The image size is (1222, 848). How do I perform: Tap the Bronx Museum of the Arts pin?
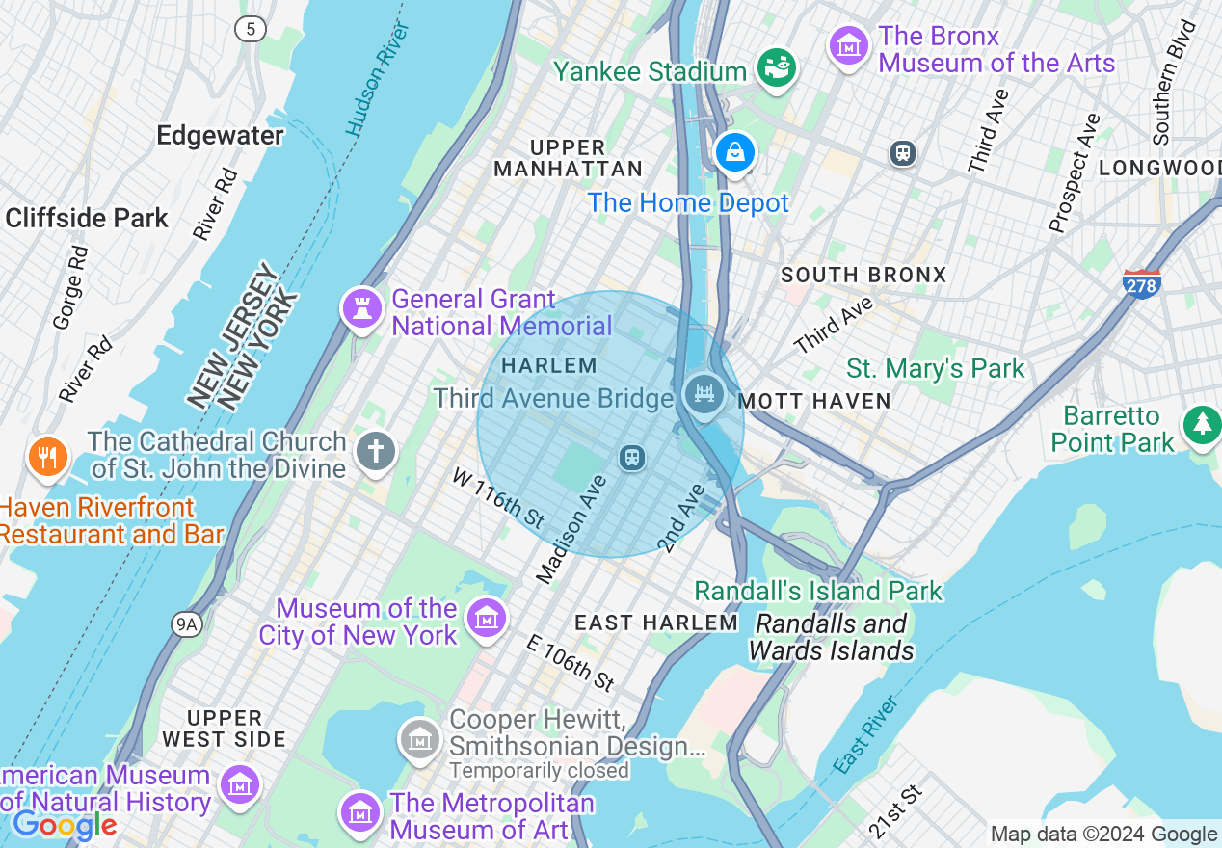click(x=849, y=44)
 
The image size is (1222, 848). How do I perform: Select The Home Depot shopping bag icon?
click(x=735, y=152)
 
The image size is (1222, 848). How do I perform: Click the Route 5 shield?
click(x=251, y=29)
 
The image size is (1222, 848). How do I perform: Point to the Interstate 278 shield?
click(x=1142, y=284)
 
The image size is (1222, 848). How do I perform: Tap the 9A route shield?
click(x=187, y=624)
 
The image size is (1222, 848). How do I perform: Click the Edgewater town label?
click(x=221, y=135)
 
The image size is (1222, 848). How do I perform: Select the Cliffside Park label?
click(x=87, y=218)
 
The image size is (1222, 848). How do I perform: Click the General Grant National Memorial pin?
click(x=362, y=308)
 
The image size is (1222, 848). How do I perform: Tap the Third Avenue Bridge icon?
click(x=704, y=394)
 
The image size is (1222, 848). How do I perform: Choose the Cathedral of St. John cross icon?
click(x=376, y=450)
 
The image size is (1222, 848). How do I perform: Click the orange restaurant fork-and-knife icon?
click(x=45, y=456)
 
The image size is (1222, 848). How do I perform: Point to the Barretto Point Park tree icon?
click(x=1202, y=424)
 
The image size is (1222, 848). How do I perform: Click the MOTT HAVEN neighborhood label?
click(x=814, y=401)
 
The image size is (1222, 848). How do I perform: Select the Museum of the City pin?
click(x=486, y=617)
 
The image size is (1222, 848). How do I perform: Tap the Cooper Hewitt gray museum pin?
click(x=420, y=739)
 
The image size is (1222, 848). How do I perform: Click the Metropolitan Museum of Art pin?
click(x=360, y=812)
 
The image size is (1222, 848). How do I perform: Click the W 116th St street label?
click(x=499, y=497)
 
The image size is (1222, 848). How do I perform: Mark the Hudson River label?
click(x=372, y=77)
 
